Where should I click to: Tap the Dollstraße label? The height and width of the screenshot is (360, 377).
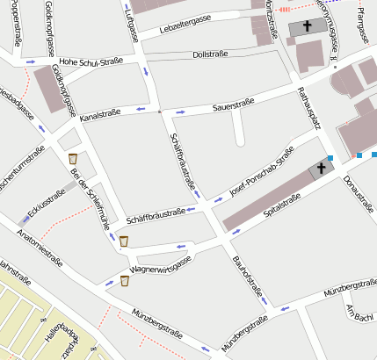pos(209,54)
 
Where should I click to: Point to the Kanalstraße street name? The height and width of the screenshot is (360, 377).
pos(99,113)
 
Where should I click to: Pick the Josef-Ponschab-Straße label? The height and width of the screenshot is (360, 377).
pos(261,174)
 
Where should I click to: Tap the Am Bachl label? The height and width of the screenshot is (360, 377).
pos(360,313)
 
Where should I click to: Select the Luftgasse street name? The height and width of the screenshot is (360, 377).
pos(132,29)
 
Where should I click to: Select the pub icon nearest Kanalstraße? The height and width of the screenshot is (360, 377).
pos(72,158)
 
